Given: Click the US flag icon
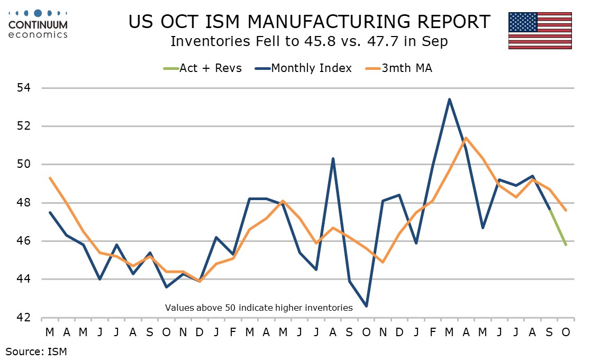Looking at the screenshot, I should coord(540,30).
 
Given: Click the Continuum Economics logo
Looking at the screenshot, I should coord(38,24).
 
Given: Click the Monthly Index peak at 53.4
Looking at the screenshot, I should coord(449,99).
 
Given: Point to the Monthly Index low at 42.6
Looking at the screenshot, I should coord(366,306).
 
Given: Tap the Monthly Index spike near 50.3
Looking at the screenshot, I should coord(333,158).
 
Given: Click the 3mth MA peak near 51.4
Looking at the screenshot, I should coord(466,138).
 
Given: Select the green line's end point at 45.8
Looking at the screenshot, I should coord(566,245).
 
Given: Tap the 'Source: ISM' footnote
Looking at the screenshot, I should coord(37,350).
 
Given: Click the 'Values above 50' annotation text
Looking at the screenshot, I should coord(259,307).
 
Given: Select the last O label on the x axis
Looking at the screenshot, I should coord(566,332).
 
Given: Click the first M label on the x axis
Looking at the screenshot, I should coord(50,332).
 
